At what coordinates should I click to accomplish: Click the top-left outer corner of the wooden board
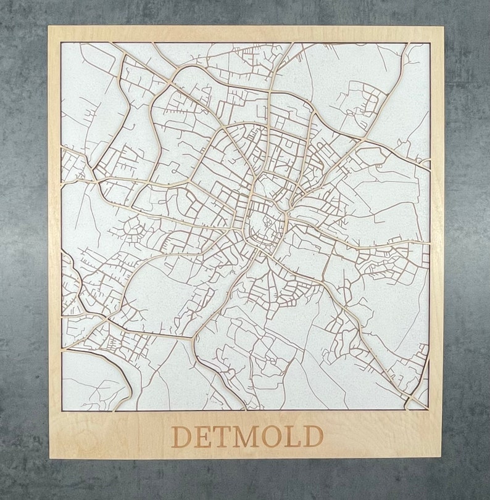(x=49, y=27)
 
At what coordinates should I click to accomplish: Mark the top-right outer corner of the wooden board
(x=443, y=27)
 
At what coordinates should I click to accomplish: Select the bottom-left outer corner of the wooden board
(x=49, y=457)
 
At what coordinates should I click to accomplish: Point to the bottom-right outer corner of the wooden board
(x=442, y=457)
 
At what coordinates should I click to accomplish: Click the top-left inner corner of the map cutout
(x=62, y=43)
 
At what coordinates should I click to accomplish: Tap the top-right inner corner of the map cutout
(x=430, y=43)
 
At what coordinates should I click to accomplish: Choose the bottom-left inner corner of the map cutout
(x=62, y=410)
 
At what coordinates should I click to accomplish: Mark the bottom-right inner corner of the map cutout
(x=429, y=410)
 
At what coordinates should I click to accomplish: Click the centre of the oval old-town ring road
(x=267, y=223)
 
